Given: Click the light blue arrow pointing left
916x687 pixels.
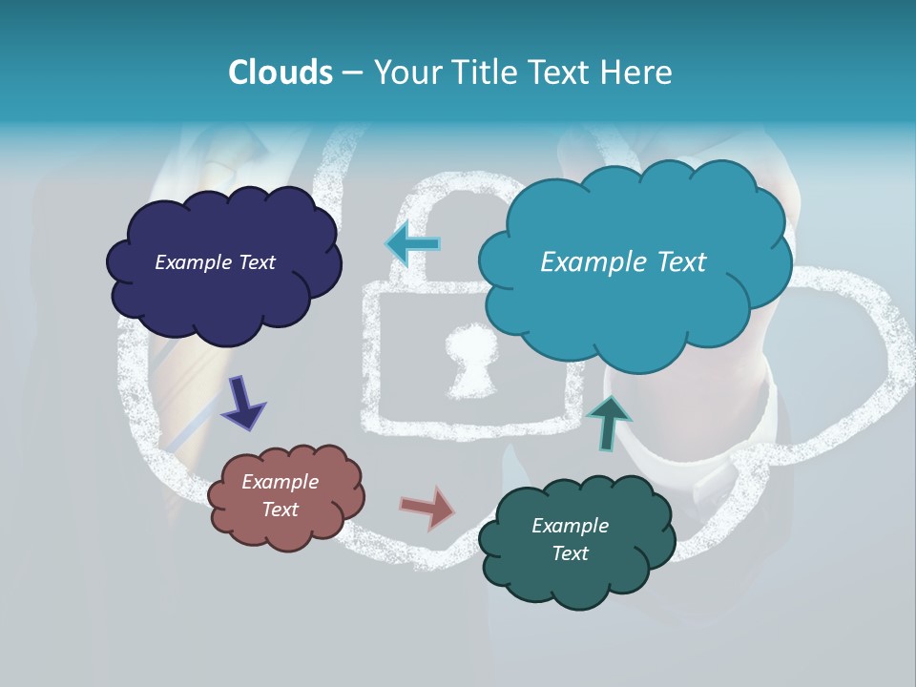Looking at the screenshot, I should point(413,242).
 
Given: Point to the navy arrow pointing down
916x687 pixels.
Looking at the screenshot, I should point(243,403).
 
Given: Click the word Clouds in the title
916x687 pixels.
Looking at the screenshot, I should point(281,73).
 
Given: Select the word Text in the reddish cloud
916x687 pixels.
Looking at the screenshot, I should point(280,510).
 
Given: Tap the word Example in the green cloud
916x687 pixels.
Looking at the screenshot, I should point(570,526).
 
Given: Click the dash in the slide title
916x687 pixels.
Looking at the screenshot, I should point(352,73).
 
